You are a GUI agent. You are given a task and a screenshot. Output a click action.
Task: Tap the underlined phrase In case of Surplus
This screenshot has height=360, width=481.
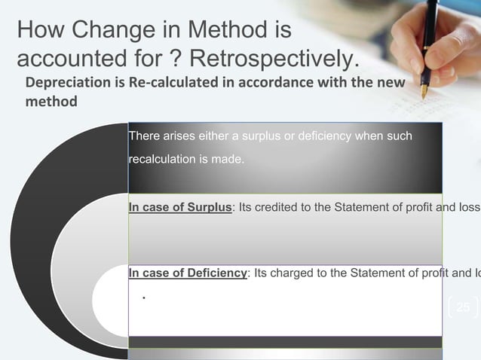tap(180, 208)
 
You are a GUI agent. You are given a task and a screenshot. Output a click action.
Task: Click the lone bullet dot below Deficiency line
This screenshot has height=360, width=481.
tap(143, 297)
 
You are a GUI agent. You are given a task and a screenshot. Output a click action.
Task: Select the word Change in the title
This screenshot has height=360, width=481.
tap(106, 32)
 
